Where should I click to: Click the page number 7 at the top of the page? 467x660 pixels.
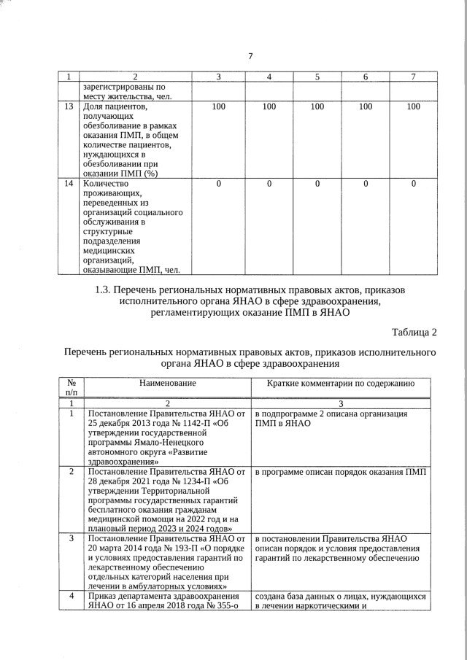point(250,56)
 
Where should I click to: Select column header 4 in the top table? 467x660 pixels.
point(269,77)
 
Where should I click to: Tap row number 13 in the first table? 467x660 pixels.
point(69,106)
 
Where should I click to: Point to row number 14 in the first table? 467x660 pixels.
point(69,184)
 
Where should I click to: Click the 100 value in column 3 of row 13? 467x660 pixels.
point(218,106)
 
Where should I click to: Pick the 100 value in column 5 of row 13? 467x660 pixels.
point(317,106)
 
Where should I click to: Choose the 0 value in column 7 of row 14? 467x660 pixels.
point(413,184)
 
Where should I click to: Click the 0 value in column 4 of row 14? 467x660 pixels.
point(269,184)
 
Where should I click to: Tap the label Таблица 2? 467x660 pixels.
point(414,333)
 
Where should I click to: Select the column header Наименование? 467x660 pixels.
point(168,382)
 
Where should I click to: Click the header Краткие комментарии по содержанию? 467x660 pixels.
point(341,382)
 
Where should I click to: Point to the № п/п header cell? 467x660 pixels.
point(71,387)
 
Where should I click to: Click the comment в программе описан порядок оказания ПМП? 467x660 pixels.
point(341,471)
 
